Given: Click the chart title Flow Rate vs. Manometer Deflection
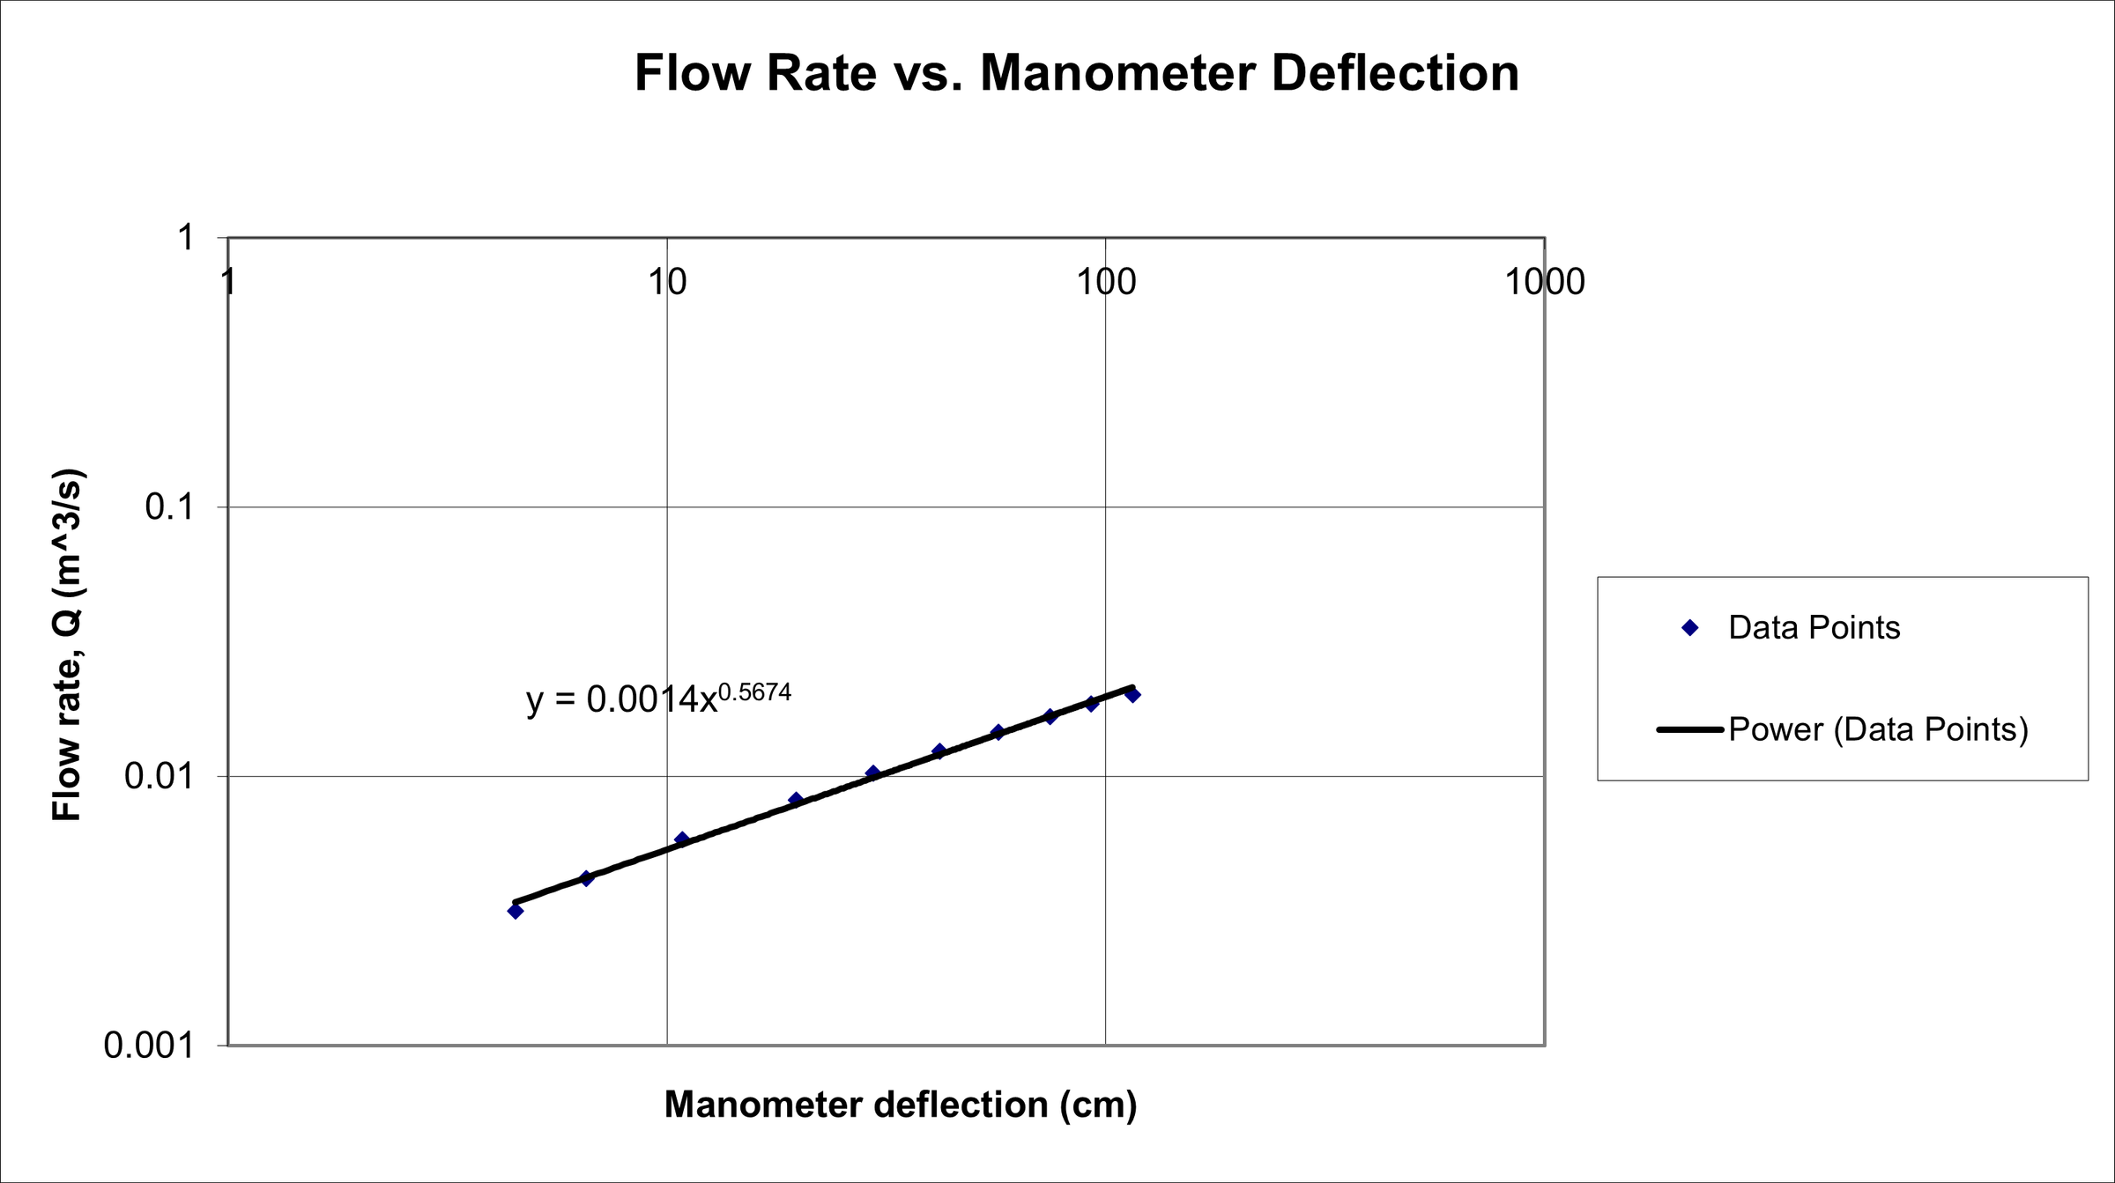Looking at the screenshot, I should click(x=1076, y=72).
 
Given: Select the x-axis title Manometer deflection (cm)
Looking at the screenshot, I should click(x=901, y=1105).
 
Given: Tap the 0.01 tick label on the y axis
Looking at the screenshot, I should click(x=159, y=776).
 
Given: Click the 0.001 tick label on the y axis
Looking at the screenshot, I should click(x=149, y=1046).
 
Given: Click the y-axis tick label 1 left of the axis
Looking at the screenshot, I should click(x=185, y=238).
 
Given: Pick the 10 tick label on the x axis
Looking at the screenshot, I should click(x=666, y=282).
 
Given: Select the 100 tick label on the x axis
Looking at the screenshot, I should click(x=1106, y=282).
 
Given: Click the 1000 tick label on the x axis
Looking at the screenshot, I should click(x=1544, y=282).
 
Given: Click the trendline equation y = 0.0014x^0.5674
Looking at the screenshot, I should click(x=657, y=699).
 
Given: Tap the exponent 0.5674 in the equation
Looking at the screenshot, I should click(x=754, y=692).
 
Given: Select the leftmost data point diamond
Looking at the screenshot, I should click(x=516, y=911).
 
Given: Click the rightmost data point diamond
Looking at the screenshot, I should click(x=1132, y=694).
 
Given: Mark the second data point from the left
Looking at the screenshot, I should click(x=587, y=878).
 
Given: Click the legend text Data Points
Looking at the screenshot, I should click(x=1814, y=627).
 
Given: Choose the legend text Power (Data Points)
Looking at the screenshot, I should click(x=1878, y=729).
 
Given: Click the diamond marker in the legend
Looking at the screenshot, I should click(x=1689, y=627).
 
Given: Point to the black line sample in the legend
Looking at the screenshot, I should click(x=1689, y=729).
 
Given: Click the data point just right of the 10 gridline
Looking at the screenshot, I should click(x=681, y=839).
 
